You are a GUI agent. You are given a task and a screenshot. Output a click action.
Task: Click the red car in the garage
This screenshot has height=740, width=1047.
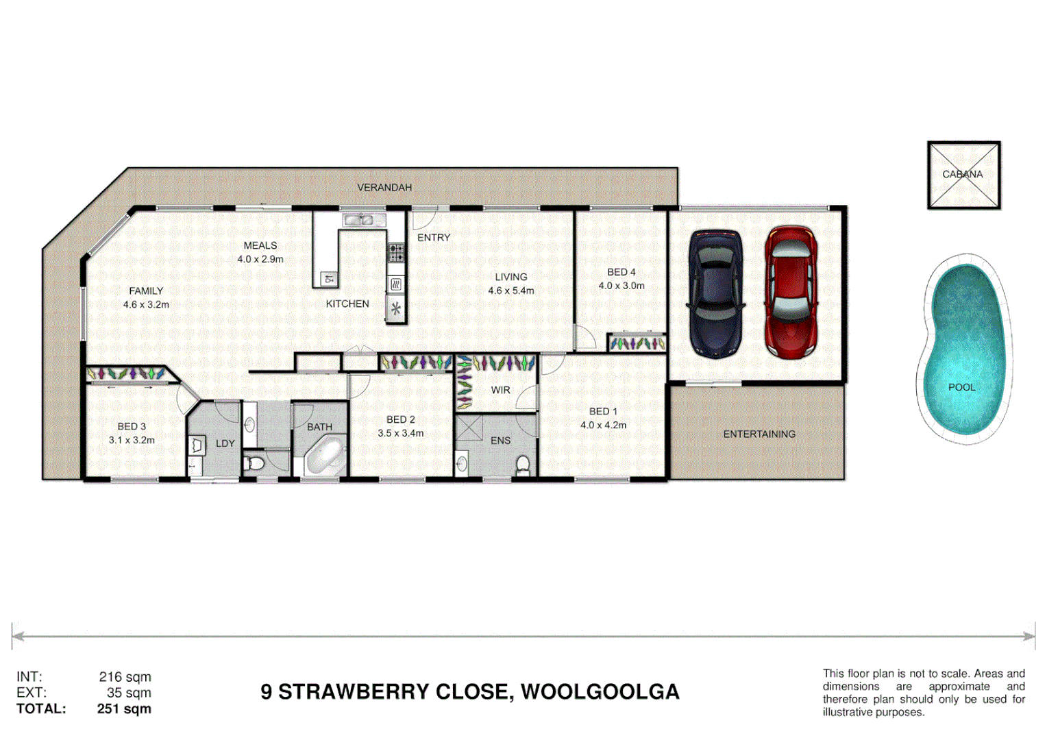click(791, 293)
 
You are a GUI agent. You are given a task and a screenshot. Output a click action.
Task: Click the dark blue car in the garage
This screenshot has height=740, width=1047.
click(715, 294)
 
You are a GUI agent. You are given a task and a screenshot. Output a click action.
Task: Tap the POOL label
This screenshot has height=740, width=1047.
click(961, 387)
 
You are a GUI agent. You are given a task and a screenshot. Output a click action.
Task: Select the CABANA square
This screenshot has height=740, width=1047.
click(963, 175)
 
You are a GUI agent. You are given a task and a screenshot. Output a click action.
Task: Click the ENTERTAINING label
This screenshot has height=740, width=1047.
click(759, 434)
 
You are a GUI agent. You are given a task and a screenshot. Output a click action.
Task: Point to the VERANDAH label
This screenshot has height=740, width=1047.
click(384, 187)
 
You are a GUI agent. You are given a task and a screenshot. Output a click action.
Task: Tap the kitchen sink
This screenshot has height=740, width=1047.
click(359, 220)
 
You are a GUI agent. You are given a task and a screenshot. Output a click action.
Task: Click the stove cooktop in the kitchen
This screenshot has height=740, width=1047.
click(397, 252)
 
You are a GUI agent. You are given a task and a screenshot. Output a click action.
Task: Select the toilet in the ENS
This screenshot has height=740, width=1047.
click(523, 465)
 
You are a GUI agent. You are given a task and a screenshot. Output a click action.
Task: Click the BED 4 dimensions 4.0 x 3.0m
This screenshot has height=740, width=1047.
click(621, 286)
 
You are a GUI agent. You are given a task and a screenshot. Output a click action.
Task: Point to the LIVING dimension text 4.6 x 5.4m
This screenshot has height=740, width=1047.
click(511, 291)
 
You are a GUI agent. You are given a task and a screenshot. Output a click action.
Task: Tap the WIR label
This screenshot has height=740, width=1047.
click(500, 390)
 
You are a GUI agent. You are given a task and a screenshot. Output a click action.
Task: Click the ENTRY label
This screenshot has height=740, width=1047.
click(434, 237)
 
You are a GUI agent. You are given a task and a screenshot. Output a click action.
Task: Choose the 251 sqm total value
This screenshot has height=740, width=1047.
click(124, 708)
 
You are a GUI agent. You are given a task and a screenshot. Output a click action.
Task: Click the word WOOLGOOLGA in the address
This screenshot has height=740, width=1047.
click(600, 692)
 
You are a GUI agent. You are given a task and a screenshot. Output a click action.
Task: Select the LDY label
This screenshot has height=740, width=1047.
click(225, 443)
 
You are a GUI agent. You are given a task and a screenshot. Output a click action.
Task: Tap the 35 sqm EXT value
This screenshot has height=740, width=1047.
click(129, 693)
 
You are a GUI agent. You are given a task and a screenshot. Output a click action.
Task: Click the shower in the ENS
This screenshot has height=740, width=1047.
click(469, 428)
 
